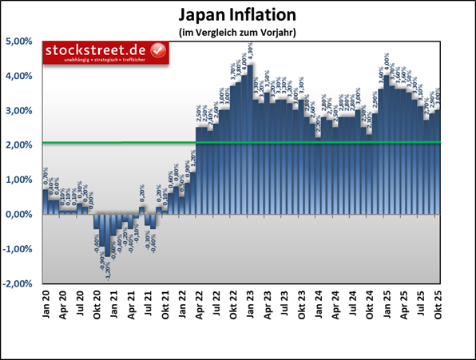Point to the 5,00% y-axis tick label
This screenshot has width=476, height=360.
[20, 41]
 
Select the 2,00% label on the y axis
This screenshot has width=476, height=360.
[20, 144]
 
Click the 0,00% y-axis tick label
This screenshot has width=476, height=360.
[20, 215]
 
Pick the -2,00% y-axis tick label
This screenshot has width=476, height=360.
[18, 283]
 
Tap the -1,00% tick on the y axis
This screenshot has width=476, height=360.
[18, 249]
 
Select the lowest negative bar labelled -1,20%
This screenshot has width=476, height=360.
[108, 235]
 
